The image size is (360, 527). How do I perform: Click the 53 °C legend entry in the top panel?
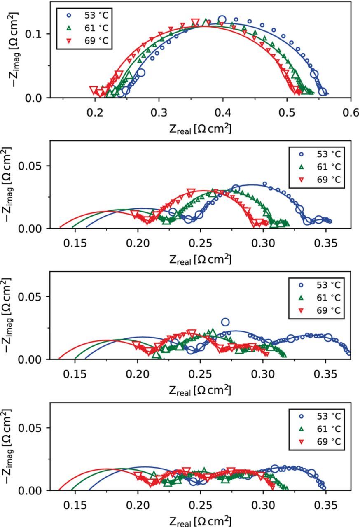88,15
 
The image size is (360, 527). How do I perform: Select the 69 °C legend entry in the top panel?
88,41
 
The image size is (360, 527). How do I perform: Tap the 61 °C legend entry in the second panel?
320,167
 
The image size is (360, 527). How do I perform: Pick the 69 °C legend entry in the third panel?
320,310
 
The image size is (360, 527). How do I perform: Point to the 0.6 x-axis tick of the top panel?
351,112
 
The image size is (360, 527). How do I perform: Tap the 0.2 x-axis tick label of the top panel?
95,112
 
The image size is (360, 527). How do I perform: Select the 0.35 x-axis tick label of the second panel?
326,243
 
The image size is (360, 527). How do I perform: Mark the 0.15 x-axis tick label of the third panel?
75,374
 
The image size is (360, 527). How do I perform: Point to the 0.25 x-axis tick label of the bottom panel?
201,505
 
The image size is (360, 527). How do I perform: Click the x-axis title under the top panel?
200,128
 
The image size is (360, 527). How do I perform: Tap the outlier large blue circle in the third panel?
225,322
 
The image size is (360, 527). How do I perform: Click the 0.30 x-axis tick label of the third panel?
263,374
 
